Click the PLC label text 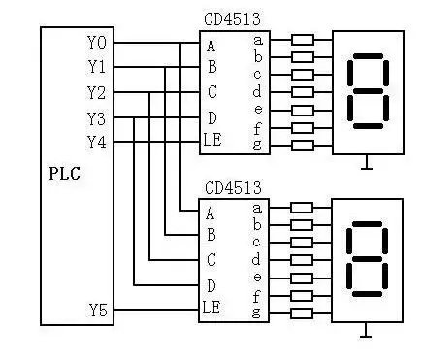[64, 175]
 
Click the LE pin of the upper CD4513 [213, 142]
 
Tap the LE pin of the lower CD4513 [213, 310]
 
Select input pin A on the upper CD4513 [211, 44]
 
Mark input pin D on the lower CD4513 [211, 285]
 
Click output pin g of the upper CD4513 [256, 146]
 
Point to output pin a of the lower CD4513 [256, 207]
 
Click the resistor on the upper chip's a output [303, 41]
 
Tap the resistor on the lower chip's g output [303, 312]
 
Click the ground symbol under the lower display [366, 333]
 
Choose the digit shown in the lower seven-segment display [366, 260]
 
